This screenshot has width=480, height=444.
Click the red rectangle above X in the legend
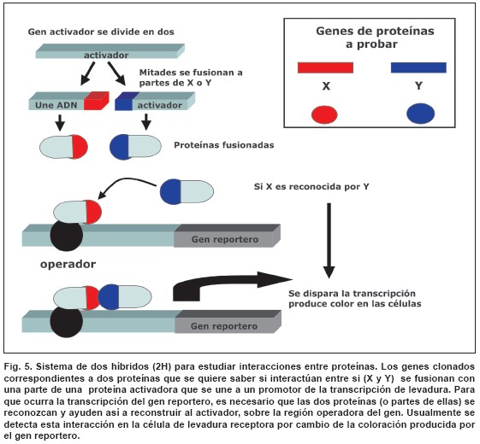325,67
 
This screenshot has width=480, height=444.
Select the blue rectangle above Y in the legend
418,67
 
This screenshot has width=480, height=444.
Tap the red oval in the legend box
324,114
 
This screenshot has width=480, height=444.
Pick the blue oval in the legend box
421,114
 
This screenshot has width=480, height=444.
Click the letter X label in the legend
326,86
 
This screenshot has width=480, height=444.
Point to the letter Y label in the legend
418,86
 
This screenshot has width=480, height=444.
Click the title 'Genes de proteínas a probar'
375,38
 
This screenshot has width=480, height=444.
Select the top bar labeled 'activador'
110,51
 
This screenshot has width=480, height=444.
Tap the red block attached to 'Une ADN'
97,101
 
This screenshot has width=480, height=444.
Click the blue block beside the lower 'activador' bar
124,101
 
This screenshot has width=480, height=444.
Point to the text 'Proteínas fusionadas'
224,145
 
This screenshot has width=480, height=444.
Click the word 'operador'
68,264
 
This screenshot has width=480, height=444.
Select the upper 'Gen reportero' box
227,236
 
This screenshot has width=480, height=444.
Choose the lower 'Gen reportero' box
228,322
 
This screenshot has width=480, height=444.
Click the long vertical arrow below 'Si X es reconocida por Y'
329,241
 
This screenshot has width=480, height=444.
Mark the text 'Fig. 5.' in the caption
18,366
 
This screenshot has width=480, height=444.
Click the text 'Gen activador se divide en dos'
101,32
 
